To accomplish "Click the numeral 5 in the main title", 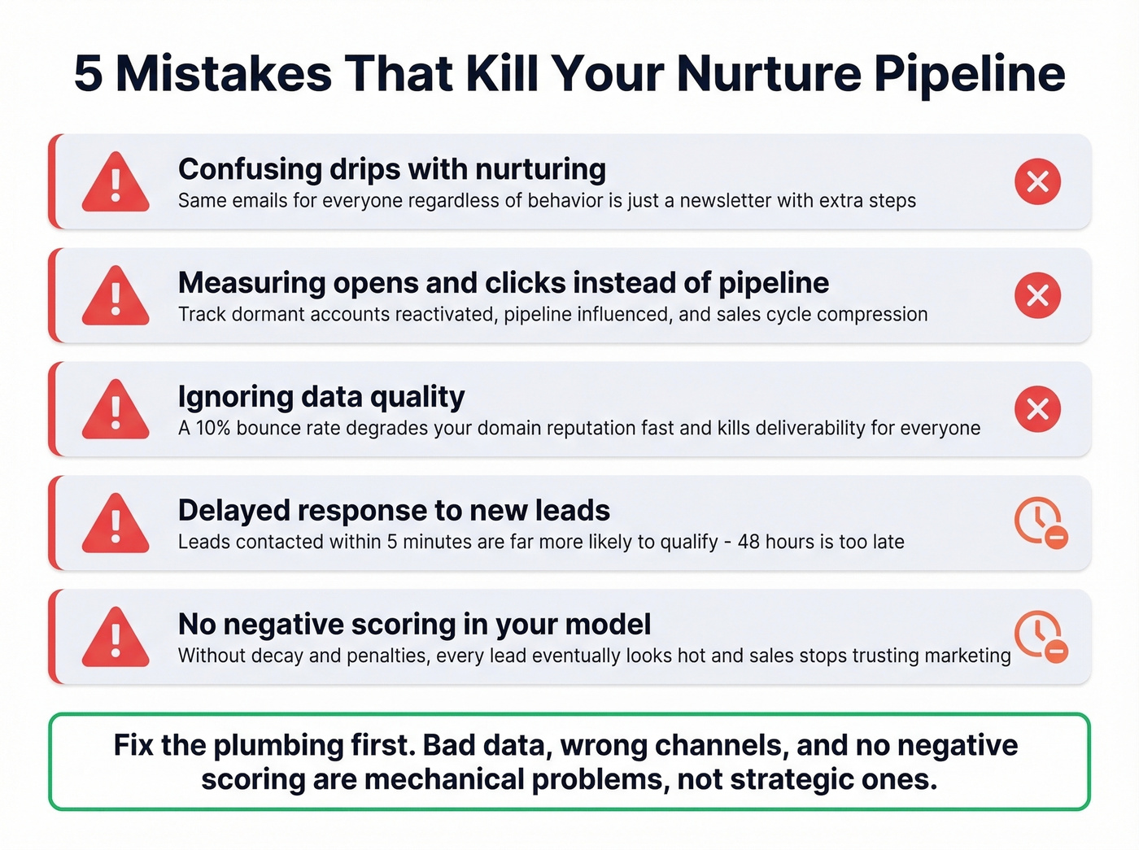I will click(x=88, y=74).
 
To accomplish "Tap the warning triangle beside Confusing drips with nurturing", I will click(x=116, y=183).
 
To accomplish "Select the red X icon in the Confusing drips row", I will click(x=1037, y=181).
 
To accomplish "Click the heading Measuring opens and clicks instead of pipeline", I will click(x=503, y=283).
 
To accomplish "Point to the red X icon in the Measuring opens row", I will click(x=1037, y=295).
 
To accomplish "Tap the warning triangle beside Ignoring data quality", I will click(x=116, y=411).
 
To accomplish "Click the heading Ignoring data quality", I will click(x=321, y=397).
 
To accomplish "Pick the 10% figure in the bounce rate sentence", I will click(x=213, y=429).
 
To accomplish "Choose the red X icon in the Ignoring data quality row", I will click(x=1037, y=409).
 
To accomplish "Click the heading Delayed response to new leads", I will click(x=394, y=511).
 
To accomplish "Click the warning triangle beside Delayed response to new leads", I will click(x=116, y=525).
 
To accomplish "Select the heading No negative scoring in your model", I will click(x=414, y=625).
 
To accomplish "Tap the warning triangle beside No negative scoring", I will click(x=116, y=639).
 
